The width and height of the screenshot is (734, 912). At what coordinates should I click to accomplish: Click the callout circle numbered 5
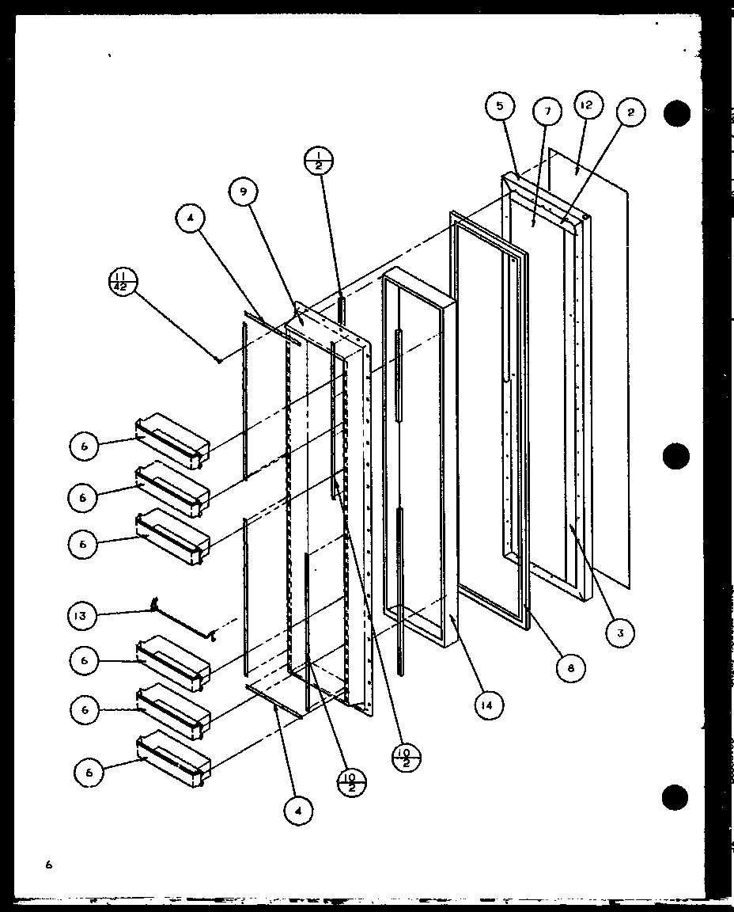pos(501,105)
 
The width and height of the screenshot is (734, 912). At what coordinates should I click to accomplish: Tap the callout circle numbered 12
pos(588,105)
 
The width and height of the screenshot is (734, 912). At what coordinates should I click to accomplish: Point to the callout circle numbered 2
pos(630,112)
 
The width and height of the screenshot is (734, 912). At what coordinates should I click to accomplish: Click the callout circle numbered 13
pos(84,615)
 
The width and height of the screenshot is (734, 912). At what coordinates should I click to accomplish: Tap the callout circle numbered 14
pos(489,705)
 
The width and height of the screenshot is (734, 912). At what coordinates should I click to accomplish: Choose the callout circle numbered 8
pos(570,667)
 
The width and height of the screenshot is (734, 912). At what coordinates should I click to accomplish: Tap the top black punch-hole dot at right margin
pos(677,114)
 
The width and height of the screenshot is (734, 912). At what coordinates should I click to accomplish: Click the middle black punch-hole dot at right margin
pos(675,457)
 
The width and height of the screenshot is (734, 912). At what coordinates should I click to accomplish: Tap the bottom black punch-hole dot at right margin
pos(676,798)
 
